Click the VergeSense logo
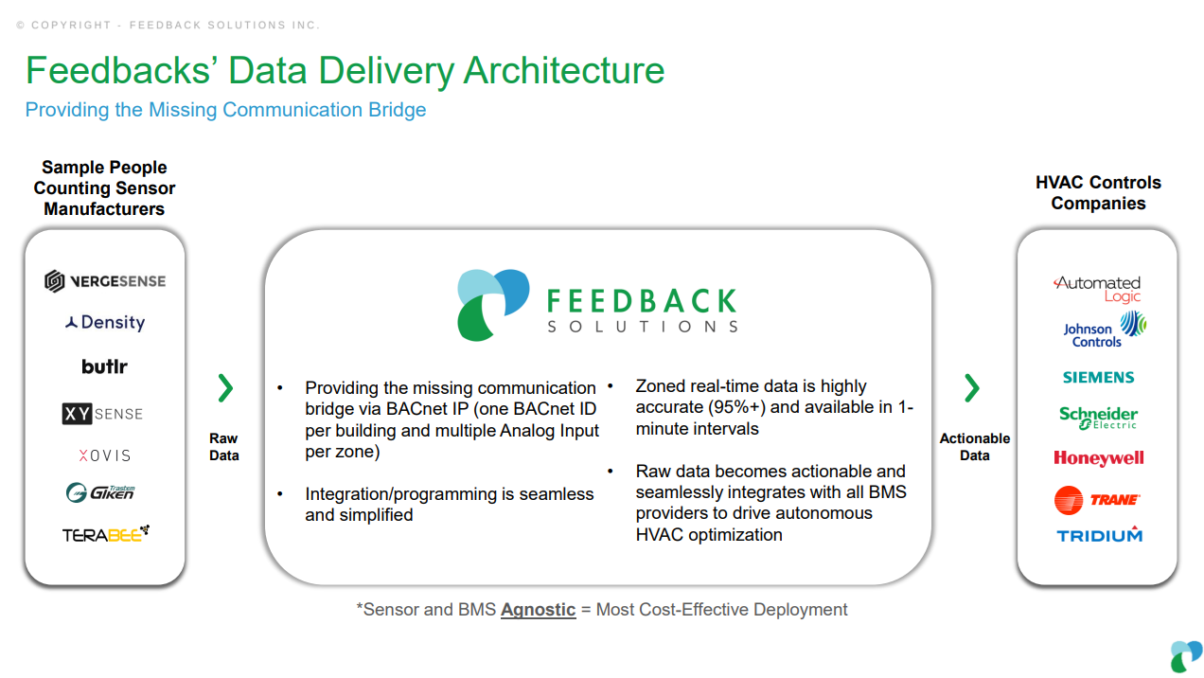pos(105,281)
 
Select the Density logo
pos(105,323)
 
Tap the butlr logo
pos(104,366)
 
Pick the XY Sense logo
pos(102,414)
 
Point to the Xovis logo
pos(104,455)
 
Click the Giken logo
pos(100,492)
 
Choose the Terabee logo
pos(106,534)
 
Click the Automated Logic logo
pos(1097,289)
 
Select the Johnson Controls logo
pos(1105,330)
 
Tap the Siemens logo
pos(1099,378)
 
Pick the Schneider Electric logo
pos(1098,418)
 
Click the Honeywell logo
pos(1099,458)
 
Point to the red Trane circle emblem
pos(1069,500)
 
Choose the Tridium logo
pos(1099,534)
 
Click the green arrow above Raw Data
pos(225,388)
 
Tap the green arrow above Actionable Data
pos(972,388)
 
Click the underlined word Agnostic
pos(538,610)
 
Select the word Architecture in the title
pos(564,70)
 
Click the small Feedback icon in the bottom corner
pos(1186,656)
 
